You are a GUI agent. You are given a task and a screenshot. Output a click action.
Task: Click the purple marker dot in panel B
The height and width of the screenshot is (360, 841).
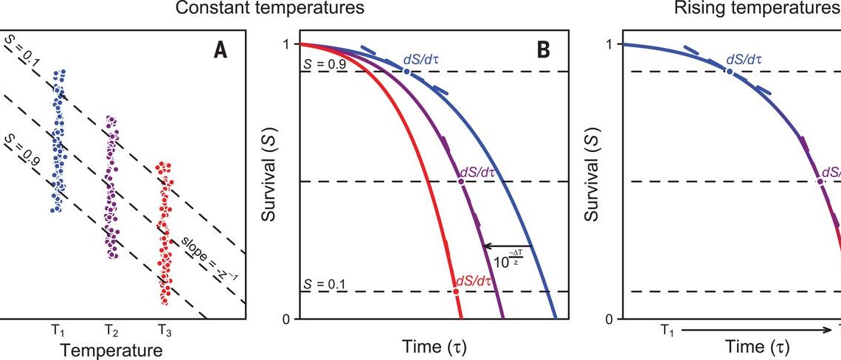(461, 181)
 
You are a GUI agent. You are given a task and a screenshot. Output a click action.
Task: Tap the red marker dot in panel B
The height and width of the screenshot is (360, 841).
(456, 291)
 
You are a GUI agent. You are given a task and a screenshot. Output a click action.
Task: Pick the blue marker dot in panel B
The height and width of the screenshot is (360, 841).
(406, 72)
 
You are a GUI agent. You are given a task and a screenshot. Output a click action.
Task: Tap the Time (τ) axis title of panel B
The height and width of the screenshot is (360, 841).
(435, 346)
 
